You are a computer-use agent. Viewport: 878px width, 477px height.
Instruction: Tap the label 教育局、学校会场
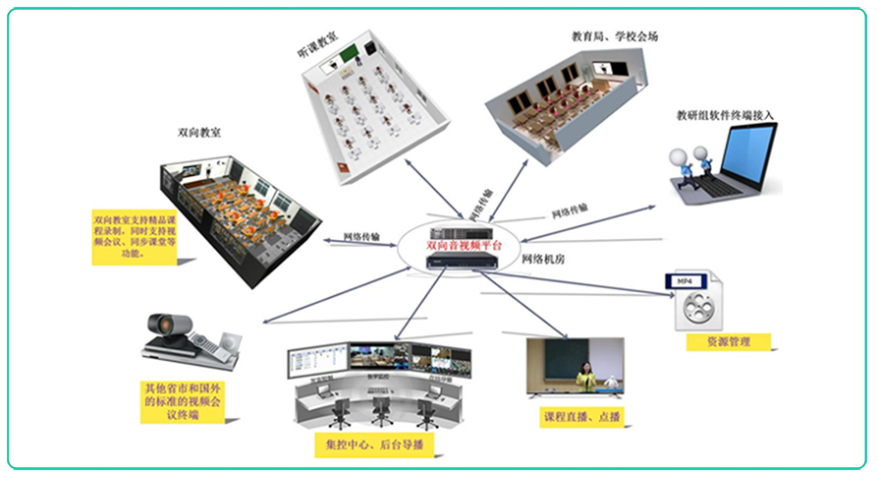click(615, 36)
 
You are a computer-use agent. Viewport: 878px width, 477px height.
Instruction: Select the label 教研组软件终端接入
click(726, 115)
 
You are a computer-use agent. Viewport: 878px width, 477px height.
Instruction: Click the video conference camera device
click(190, 338)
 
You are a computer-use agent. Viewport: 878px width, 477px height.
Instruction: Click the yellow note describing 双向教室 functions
click(136, 237)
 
